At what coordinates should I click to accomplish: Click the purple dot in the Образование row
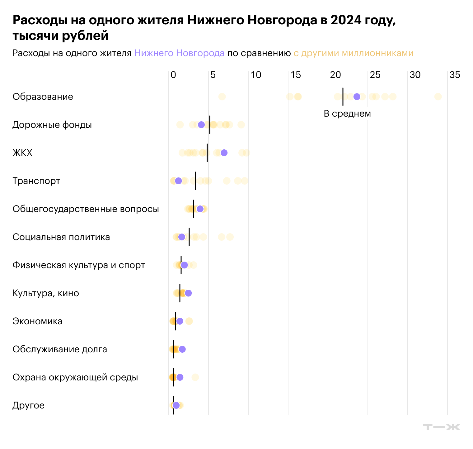pos(357,97)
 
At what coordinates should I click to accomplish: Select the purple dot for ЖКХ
pos(224,153)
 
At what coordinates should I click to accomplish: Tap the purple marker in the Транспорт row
pos(178,181)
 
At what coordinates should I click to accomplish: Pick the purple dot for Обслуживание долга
pos(182,349)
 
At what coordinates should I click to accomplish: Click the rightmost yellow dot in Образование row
pos(438,97)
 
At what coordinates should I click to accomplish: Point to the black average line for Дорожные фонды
pos(210,125)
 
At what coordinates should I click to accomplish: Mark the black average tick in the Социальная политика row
pos(189,237)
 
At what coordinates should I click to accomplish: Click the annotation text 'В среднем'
pos(347,113)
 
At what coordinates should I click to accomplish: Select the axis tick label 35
pos(455,75)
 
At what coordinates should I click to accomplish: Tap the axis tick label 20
pos(335,75)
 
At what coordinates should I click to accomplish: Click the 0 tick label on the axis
pos(173,75)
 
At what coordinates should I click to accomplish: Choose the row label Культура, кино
pos(46,293)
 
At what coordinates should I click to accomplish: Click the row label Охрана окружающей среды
pos(75,377)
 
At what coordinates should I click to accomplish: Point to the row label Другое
pos(28,405)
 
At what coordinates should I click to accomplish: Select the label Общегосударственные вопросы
pos(86,209)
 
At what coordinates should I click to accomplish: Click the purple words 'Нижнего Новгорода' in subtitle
pos(179,53)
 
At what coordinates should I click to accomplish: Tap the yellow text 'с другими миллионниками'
pos(353,53)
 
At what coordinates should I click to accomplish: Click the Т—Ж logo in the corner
pos(442,427)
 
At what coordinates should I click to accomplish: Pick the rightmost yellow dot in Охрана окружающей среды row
pos(195,377)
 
